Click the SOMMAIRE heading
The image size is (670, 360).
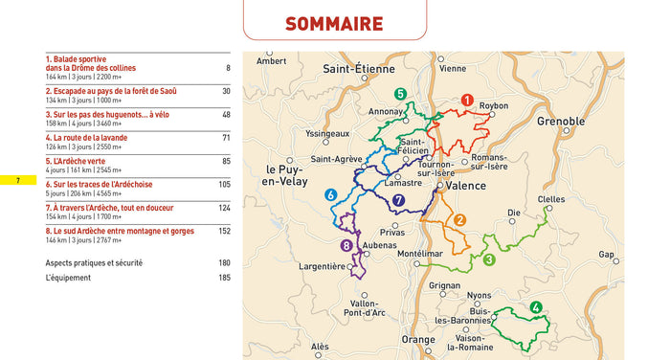pyautogui.click(x=334, y=24)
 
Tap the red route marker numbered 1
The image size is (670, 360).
pyautogui.click(x=467, y=100)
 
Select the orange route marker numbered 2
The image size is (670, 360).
pyautogui.click(x=459, y=220)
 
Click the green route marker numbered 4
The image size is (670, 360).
pyautogui.click(x=536, y=307)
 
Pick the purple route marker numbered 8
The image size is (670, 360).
pyautogui.click(x=346, y=246)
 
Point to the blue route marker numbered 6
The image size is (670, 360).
pyautogui.click(x=331, y=194)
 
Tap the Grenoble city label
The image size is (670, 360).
pyautogui.click(x=561, y=122)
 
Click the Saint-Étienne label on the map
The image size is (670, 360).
pyautogui.click(x=359, y=68)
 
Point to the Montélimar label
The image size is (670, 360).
pyautogui.click(x=419, y=254)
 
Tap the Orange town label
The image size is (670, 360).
pyautogui.click(x=417, y=340)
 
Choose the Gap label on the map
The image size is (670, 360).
pyautogui.click(x=607, y=255)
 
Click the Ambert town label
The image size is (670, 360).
pyautogui.click(x=272, y=61)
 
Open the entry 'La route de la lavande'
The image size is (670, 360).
pyautogui.click(x=86, y=137)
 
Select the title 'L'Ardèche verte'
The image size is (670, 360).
pyautogui.click(x=77, y=160)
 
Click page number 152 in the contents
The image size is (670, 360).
pyautogui.click(x=224, y=231)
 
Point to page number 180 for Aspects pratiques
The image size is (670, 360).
pyautogui.click(x=224, y=262)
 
